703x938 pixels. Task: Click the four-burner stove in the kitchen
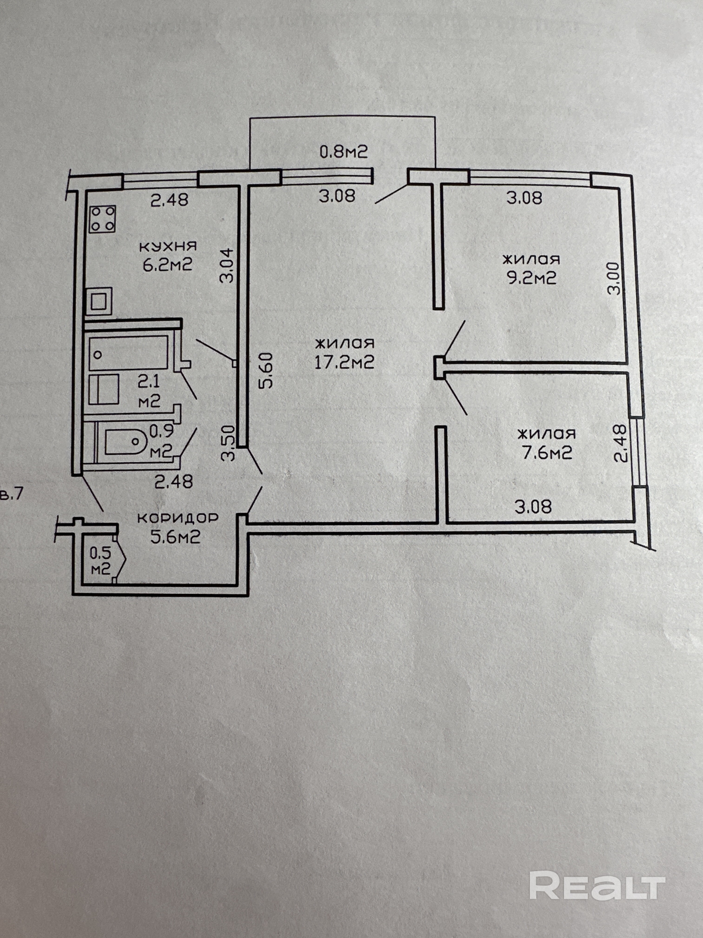tap(102, 219)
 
